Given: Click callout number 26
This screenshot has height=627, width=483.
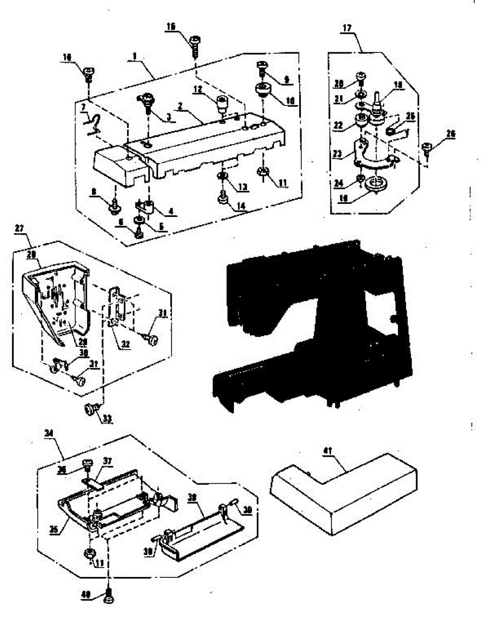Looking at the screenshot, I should pyautogui.click(x=451, y=134).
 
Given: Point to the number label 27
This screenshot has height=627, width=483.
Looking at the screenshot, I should pyautogui.click(x=19, y=229).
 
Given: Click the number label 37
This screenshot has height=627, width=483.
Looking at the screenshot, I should pyautogui.click(x=108, y=461).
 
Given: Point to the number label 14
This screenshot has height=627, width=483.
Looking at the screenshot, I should pyautogui.click(x=241, y=206).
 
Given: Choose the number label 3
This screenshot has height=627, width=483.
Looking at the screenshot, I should pyautogui.click(x=169, y=118).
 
